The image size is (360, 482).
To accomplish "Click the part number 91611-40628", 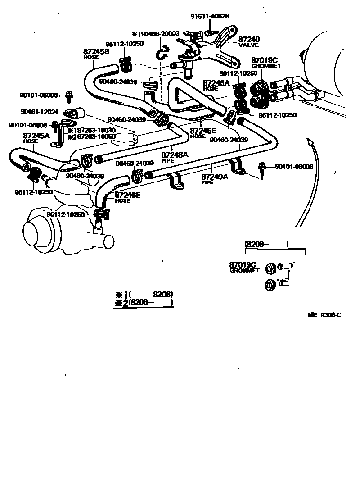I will (x=209, y=16).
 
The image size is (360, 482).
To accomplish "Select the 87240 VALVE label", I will (x=249, y=42).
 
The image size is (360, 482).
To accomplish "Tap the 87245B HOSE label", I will (x=96, y=55).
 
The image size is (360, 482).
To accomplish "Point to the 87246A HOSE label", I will (x=216, y=86).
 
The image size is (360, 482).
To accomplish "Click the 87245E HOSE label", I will (x=204, y=133).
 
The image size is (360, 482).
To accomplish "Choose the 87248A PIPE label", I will (x=175, y=157).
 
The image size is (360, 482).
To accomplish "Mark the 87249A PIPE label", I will (x=214, y=179).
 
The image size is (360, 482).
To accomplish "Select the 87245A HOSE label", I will (x=36, y=138).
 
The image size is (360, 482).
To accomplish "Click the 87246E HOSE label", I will (x=128, y=197).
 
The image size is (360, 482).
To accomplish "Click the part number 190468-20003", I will (x=158, y=34).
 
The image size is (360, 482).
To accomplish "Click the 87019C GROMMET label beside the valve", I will (x=265, y=62).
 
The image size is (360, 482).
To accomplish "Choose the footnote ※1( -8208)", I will (x=144, y=295).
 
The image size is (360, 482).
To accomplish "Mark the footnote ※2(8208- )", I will (x=144, y=303).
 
